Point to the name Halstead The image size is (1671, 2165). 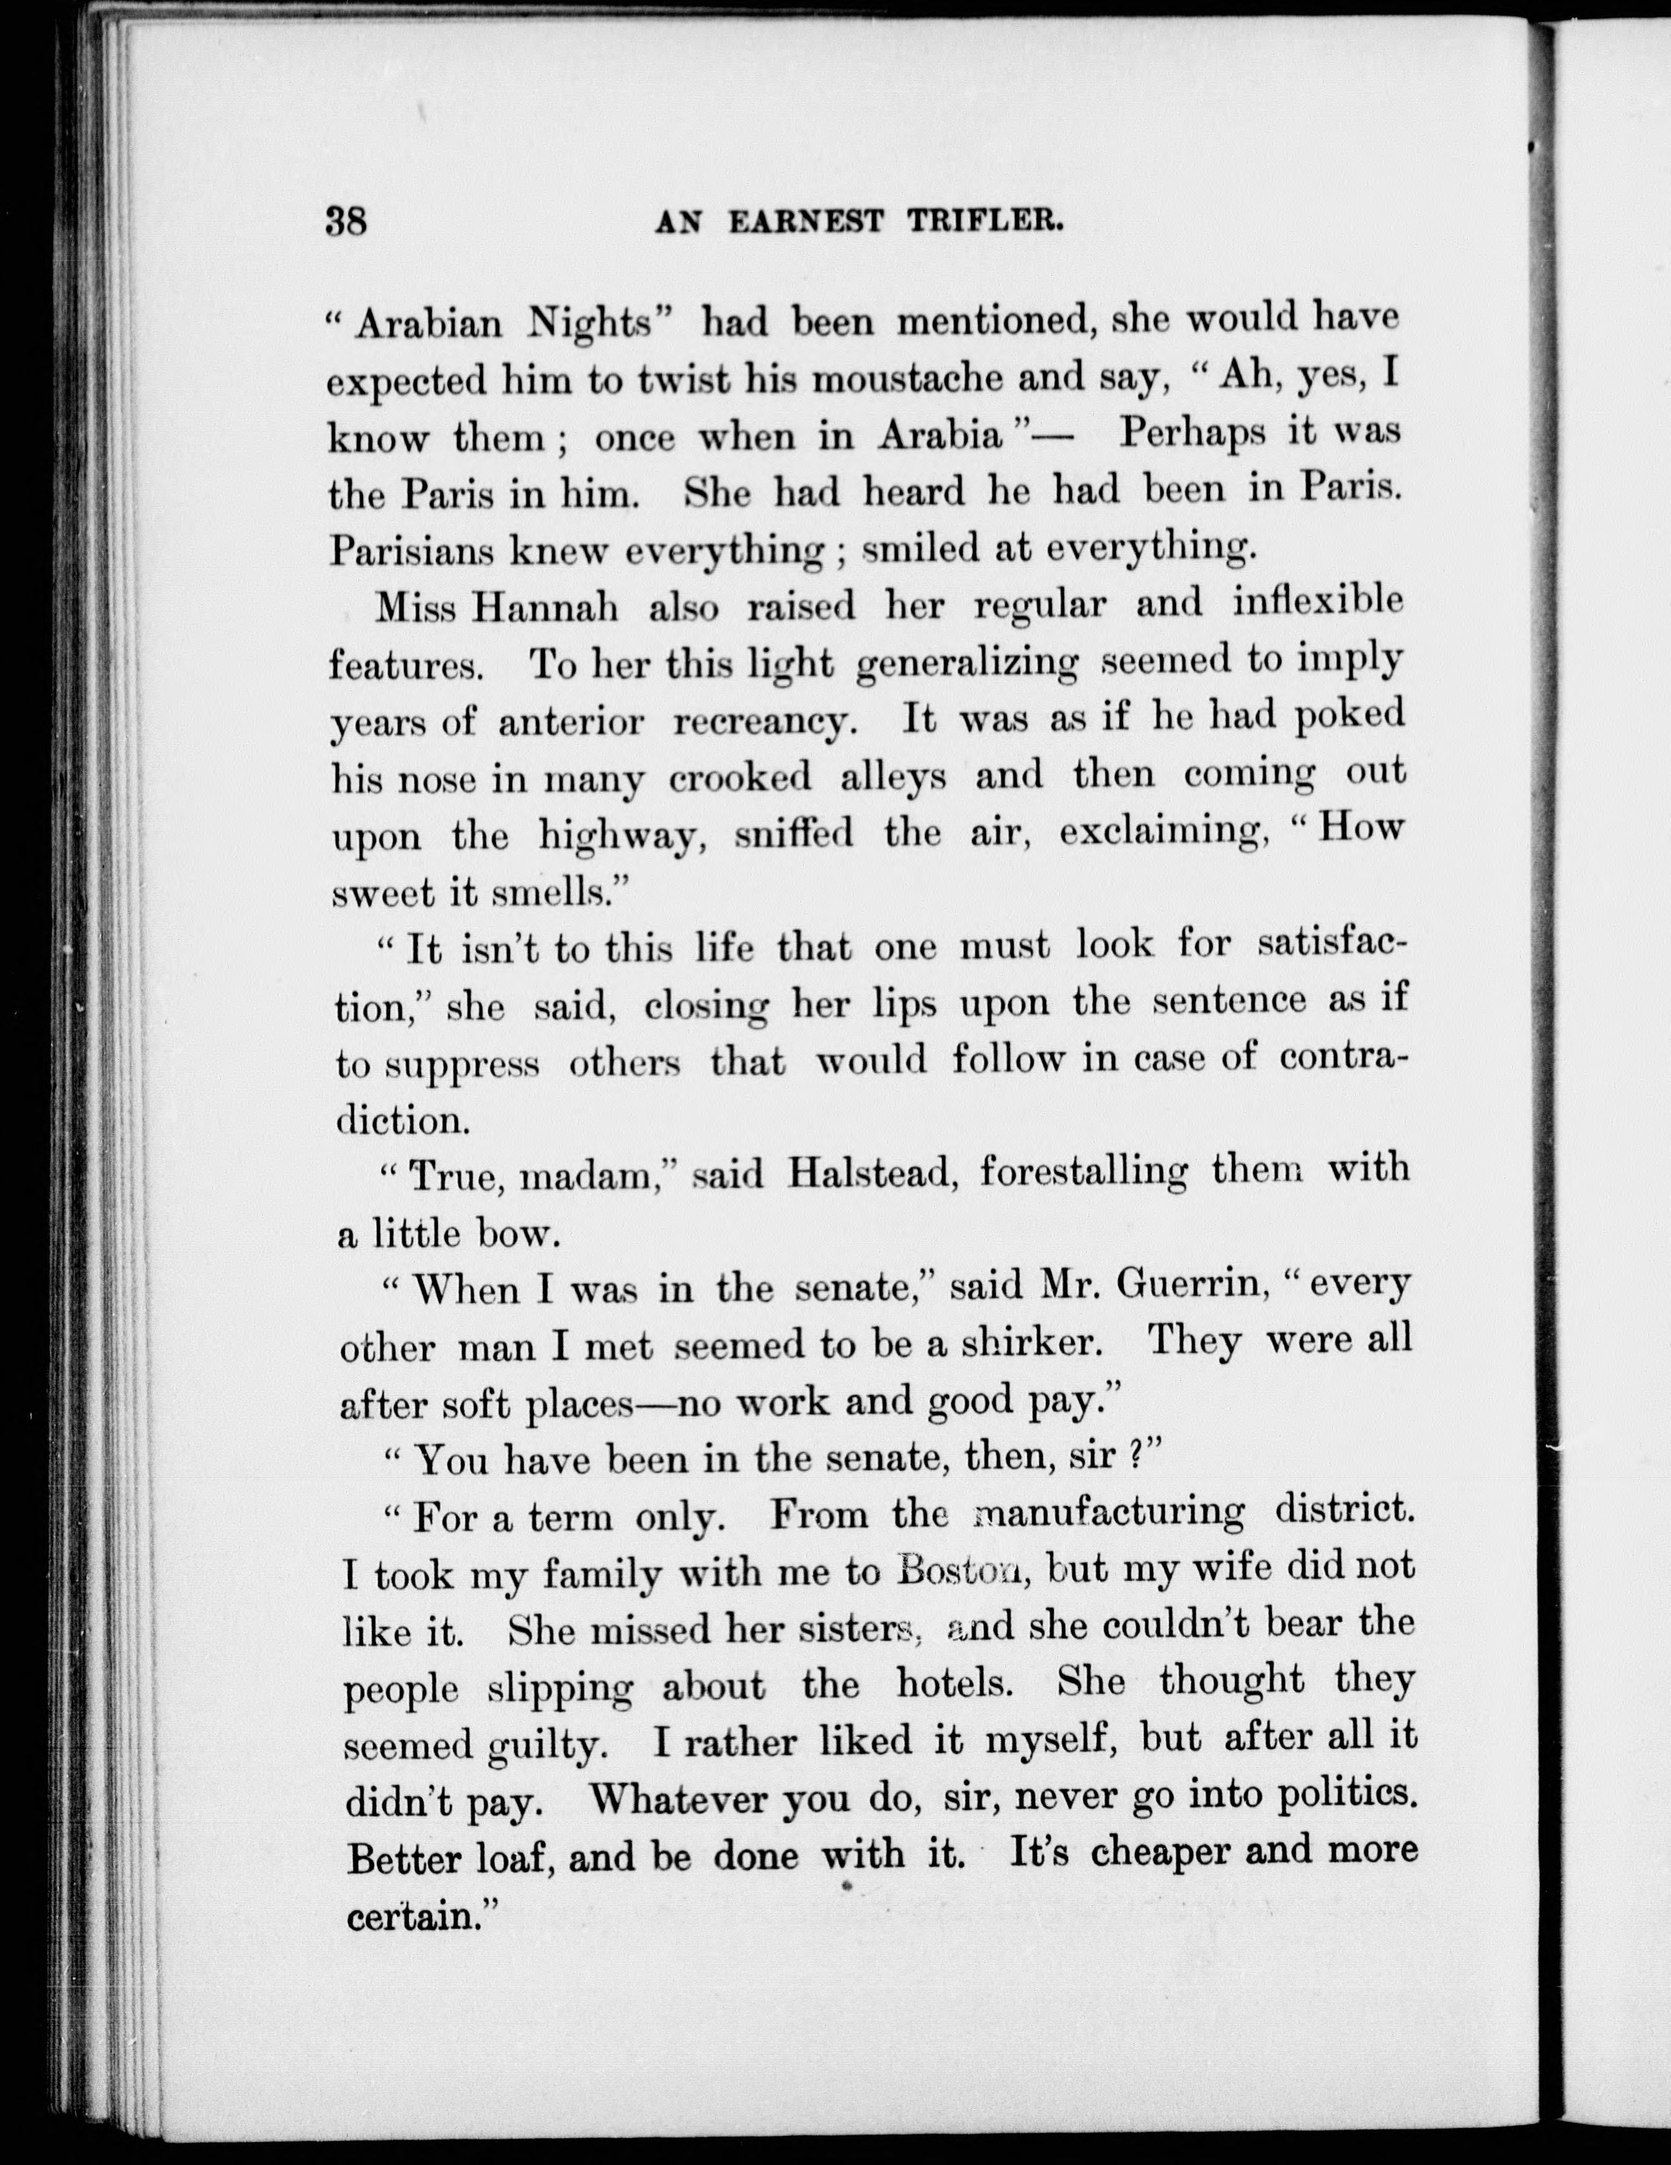point(872,1175)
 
